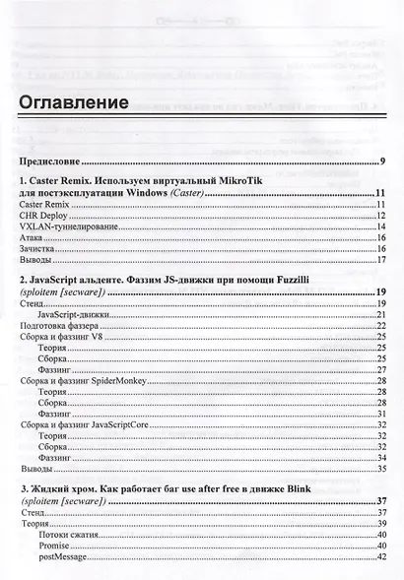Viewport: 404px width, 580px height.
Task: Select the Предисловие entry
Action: [49, 161]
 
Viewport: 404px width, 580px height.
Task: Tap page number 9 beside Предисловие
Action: [382, 161]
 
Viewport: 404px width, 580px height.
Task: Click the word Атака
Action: [32, 238]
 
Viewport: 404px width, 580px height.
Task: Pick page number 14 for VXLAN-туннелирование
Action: [380, 227]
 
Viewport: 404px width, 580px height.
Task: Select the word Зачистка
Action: [37, 250]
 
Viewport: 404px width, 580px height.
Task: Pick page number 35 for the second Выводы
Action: [380, 469]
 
